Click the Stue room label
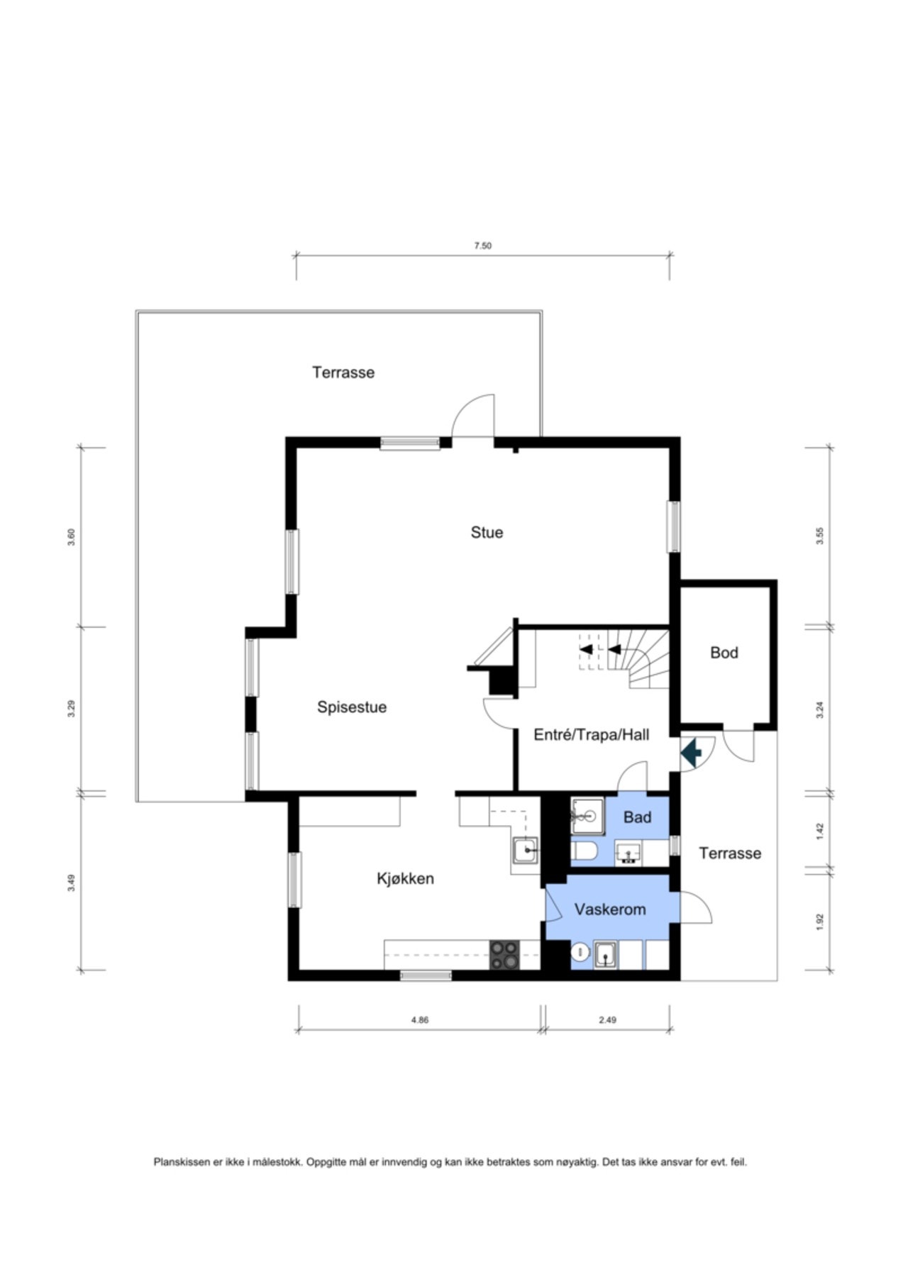coord(487,532)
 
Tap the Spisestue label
coord(352,707)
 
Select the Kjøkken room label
coord(405,878)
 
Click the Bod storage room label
coord(724,652)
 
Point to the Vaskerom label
coord(610,909)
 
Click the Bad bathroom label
coord(637,817)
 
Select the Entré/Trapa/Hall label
coord(591,735)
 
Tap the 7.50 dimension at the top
coord(482,246)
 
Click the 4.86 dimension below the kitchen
coord(420,1020)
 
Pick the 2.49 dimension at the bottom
coord(607,1020)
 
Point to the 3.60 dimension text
coord(71,537)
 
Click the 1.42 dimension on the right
coord(820,831)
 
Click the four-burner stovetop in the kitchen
coord(504,955)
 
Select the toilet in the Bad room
coord(585,851)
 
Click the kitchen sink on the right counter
coord(526,849)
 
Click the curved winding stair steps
coord(649,660)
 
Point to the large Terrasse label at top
coord(343,372)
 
